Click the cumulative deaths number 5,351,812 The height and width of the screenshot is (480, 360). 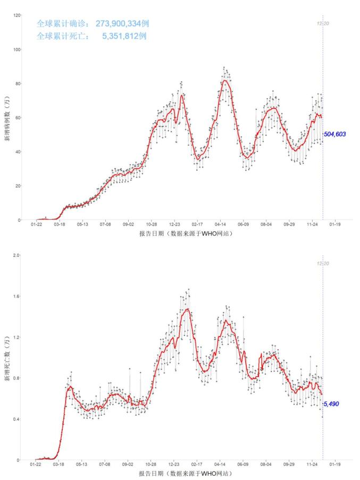(124, 36)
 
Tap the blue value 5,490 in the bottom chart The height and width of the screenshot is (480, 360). (331, 404)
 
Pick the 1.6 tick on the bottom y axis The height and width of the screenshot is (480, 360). (17, 296)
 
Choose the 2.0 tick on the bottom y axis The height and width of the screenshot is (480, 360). (17, 256)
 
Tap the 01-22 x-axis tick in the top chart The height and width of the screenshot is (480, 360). (36, 225)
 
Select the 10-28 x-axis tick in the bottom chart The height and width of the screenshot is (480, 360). (152, 465)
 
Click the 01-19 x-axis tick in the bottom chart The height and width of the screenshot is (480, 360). (335, 465)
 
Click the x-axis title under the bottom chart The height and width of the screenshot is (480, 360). (186, 473)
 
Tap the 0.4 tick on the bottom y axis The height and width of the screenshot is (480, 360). (17, 419)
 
